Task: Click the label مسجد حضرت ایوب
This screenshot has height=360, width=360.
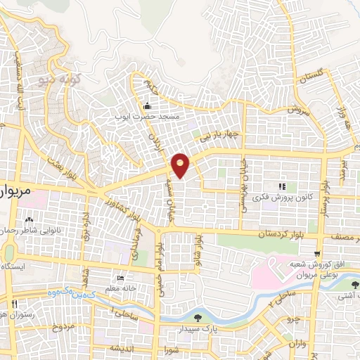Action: pyautogui.click(x=149, y=115)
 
